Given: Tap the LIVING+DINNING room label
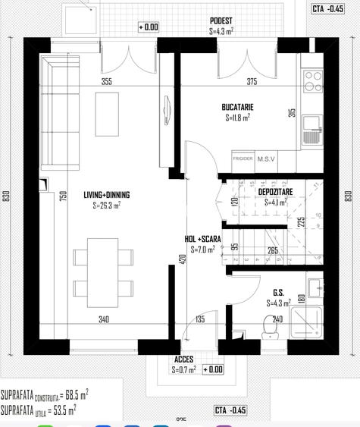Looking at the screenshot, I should (106, 195).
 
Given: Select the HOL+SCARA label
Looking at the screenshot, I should (202, 238).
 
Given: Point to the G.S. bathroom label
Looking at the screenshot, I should (278, 292).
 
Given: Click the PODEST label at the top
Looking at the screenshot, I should (221, 21).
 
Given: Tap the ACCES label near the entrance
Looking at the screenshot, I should (183, 359).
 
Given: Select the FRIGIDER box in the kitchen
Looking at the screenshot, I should (243, 159).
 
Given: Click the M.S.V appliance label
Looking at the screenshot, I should (266, 159).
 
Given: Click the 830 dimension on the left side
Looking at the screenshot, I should (6, 195).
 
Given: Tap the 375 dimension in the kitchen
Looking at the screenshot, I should (252, 82).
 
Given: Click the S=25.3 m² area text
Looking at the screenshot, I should (106, 205).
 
